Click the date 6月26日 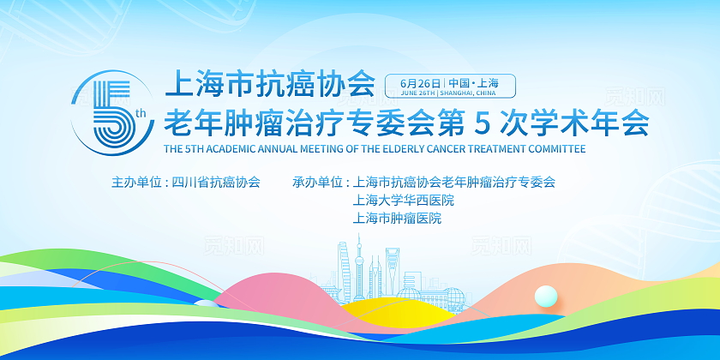417,82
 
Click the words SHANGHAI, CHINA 469,93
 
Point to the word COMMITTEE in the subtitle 554,148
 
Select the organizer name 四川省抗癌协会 216,183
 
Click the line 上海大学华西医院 403,201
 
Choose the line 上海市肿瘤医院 397,219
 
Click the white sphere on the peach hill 545,296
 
